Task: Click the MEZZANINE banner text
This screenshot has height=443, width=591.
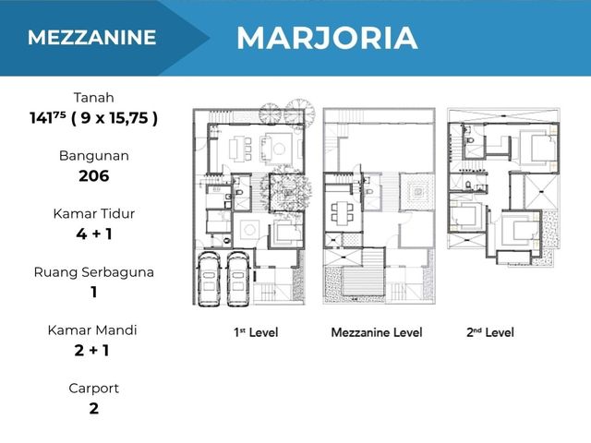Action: coord(91,38)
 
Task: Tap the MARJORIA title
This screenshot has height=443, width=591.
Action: coord(327,38)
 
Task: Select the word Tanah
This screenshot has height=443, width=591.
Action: coord(93,98)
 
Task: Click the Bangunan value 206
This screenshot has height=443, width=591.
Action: coord(94,176)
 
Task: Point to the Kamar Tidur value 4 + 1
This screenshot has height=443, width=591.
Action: coord(94,233)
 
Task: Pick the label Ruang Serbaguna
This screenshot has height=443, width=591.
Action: coord(94,272)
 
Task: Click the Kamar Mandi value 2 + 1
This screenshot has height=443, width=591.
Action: coord(92,351)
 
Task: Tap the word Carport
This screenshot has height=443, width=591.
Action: coord(94,389)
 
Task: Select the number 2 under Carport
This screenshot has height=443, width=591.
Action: coord(94,409)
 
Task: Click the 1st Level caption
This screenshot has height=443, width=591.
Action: coord(256,332)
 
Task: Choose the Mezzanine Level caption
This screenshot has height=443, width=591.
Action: coord(377,332)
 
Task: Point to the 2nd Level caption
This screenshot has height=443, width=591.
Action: coord(490,332)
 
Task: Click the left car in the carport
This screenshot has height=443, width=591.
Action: coord(209,278)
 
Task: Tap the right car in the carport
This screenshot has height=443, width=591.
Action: coord(237,278)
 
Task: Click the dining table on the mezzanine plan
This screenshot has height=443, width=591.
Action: coord(342,212)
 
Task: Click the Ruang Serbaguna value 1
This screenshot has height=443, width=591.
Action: coord(94,293)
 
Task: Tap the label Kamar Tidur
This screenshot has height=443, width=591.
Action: coord(94,214)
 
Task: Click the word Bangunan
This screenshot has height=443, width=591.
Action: coord(94,156)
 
